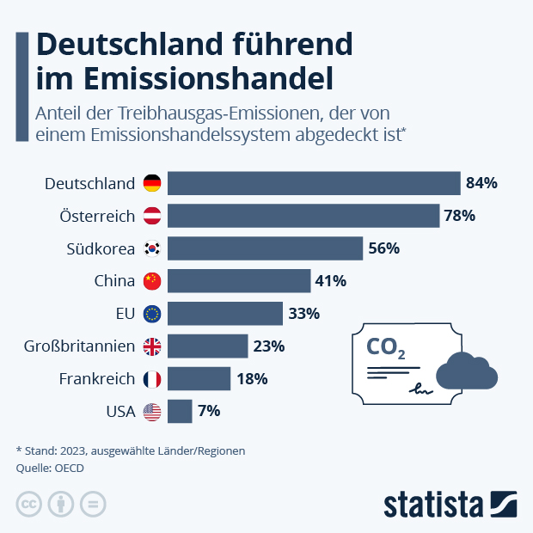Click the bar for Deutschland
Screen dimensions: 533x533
pyautogui.click(x=314, y=183)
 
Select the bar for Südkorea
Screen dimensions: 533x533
pyautogui.click(x=265, y=248)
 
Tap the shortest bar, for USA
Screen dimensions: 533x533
pyautogui.click(x=180, y=411)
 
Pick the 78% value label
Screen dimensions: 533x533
pyautogui.click(x=459, y=216)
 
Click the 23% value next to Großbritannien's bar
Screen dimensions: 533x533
pyautogui.click(x=268, y=346)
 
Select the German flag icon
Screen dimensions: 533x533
pyautogui.click(x=152, y=183)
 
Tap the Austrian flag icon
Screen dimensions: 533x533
pyautogui.click(x=152, y=216)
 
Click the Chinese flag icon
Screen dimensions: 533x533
pyautogui.click(x=152, y=281)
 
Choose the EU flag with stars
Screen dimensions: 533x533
pyautogui.click(x=152, y=314)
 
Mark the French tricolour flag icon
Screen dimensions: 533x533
pyautogui.click(x=152, y=379)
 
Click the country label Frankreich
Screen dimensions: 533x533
pyautogui.click(x=96, y=379)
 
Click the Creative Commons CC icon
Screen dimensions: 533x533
pyautogui.click(x=29, y=504)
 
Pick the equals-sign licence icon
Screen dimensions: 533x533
pyautogui.click(x=93, y=504)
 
